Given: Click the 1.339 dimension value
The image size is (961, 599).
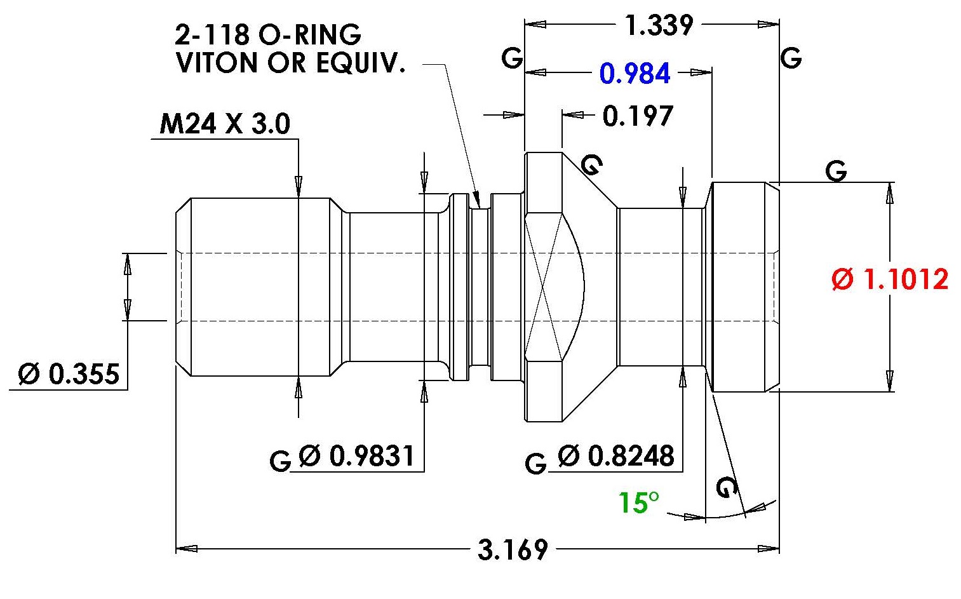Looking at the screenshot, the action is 659,25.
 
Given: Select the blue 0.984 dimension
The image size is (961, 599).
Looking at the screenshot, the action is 635,73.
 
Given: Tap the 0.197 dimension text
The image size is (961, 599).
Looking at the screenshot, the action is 638,116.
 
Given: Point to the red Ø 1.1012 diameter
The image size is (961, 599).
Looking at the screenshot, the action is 890,279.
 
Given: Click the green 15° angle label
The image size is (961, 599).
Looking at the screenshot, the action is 638,502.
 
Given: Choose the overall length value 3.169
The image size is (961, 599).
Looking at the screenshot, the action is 513,549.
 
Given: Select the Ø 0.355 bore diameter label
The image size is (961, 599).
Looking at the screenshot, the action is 68,374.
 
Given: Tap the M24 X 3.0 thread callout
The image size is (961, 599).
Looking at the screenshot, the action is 225,124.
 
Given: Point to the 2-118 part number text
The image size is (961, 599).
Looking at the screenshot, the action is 212,34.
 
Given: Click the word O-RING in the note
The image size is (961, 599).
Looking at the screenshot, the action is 310,34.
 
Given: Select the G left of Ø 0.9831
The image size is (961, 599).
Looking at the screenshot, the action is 280,461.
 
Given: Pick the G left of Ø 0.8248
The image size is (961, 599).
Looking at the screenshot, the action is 536,464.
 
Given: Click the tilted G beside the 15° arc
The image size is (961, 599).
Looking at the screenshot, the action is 727,487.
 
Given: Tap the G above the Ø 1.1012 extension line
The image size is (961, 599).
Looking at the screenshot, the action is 836,171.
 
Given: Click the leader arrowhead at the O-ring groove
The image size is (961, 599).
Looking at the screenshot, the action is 476,199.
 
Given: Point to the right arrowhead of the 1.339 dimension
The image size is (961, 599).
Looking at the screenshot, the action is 769,25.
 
